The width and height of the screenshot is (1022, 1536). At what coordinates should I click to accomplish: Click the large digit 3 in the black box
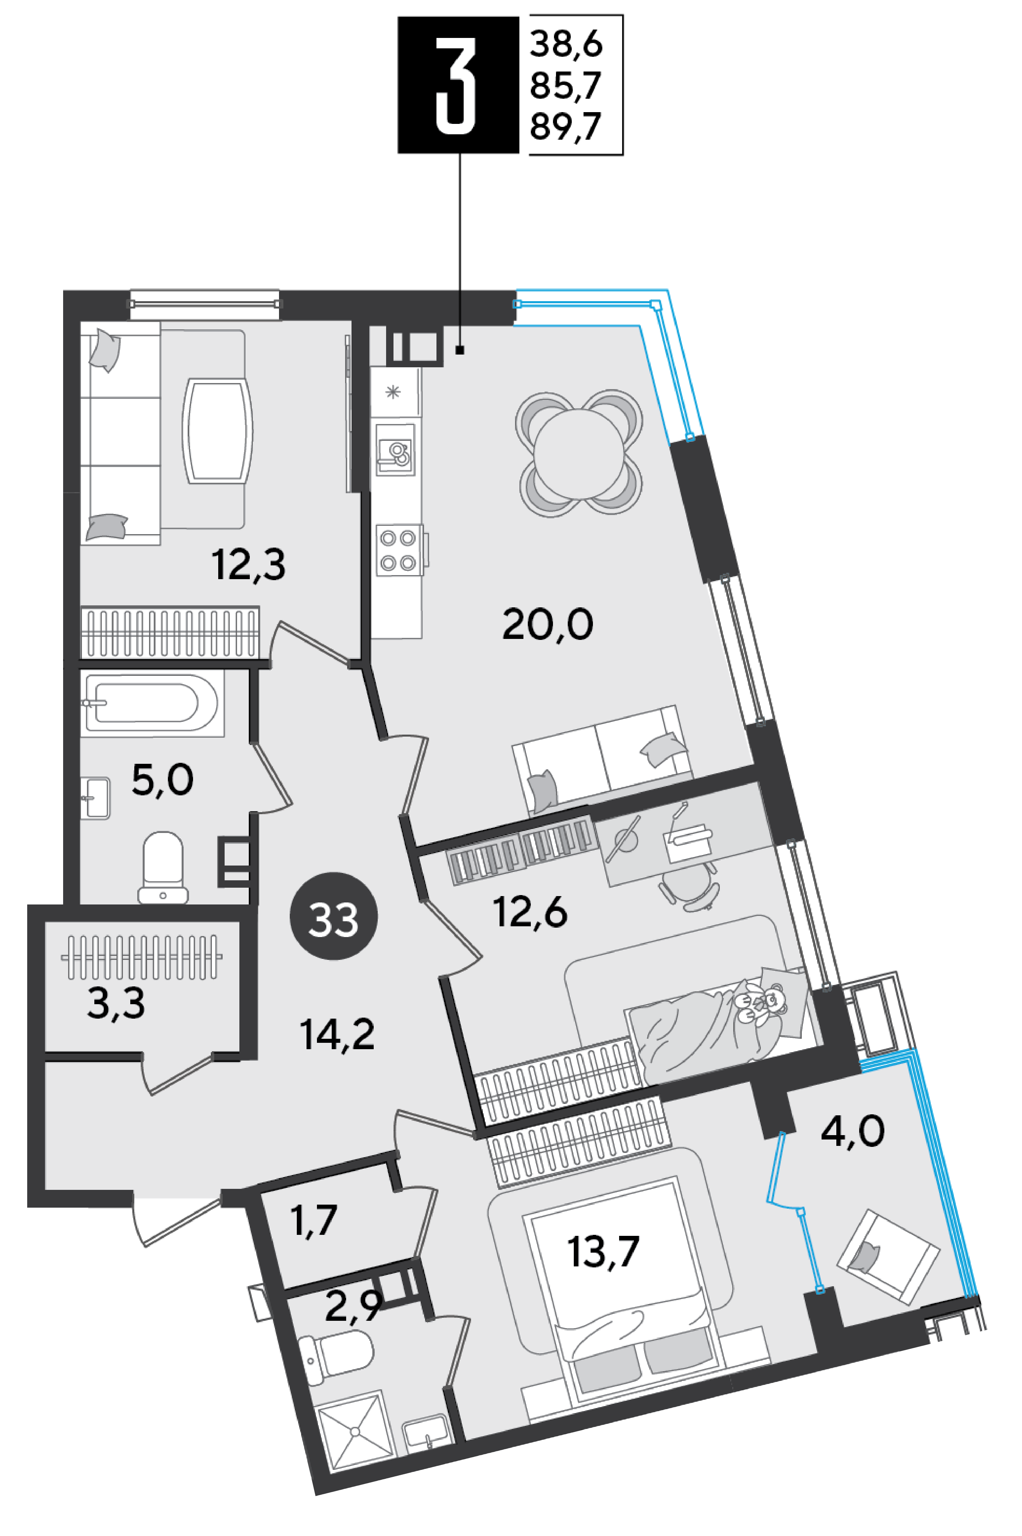pyautogui.click(x=456, y=85)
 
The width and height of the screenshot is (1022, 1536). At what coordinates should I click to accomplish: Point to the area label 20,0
pyautogui.click(x=548, y=624)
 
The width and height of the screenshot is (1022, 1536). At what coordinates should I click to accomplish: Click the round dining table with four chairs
pyautogui.click(x=579, y=454)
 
